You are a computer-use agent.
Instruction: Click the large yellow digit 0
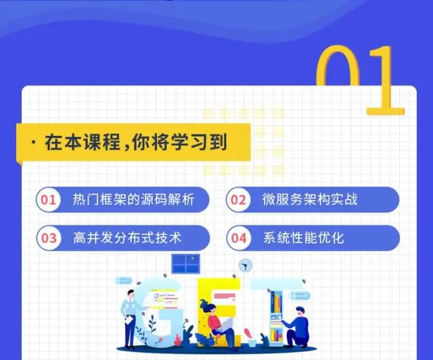click(x=342, y=74)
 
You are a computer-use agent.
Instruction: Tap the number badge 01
click(x=48, y=200)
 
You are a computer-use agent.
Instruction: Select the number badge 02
click(x=238, y=200)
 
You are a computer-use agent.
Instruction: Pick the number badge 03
click(x=48, y=238)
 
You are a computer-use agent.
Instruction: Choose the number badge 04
click(x=238, y=238)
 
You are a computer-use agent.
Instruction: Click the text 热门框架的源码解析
click(x=133, y=200)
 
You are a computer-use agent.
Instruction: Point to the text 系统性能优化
click(x=304, y=238)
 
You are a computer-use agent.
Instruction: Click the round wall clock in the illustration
click(x=245, y=266)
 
